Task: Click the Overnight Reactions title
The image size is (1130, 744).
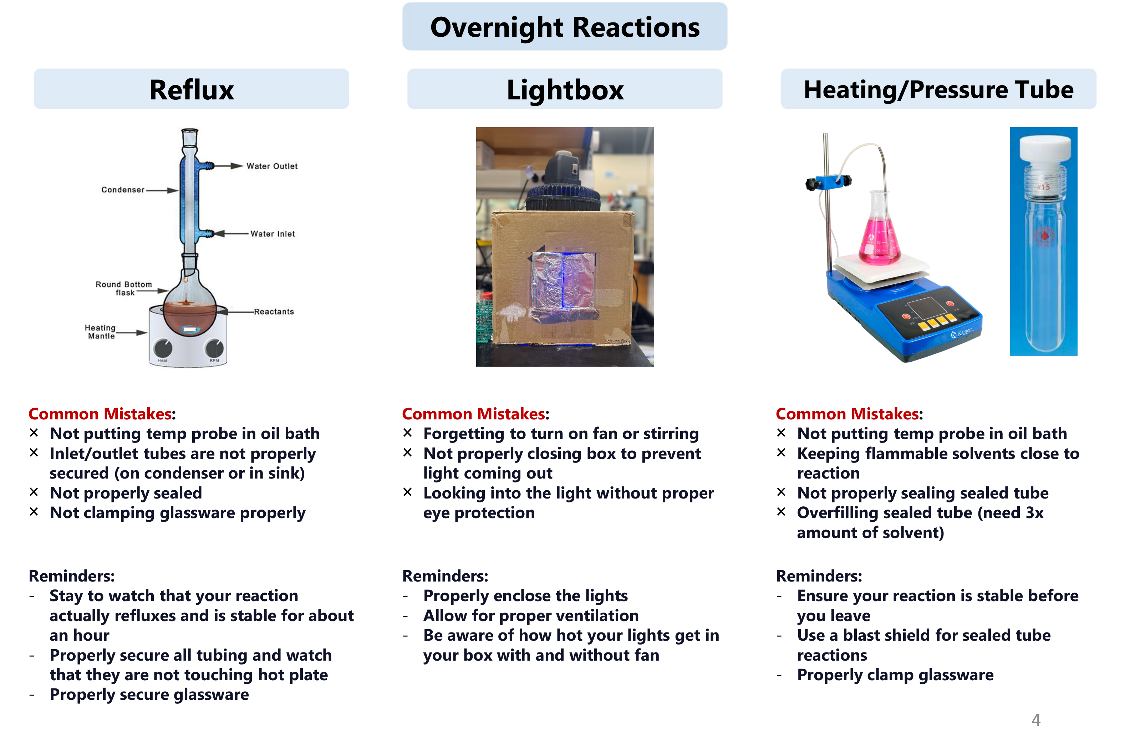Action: [564, 27]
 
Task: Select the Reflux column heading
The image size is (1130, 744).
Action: [192, 90]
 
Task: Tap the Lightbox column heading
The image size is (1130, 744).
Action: [565, 90]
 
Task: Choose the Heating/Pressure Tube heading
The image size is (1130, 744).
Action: [938, 90]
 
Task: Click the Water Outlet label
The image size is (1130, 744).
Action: [272, 166]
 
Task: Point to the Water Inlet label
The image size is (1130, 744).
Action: [273, 234]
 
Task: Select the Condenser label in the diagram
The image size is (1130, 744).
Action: [123, 190]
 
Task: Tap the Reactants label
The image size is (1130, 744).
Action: [274, 312]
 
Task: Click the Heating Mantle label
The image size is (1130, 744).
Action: [100, 332]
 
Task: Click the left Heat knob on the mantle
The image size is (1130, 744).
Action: [163, 349]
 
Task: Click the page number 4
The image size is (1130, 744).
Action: [1036, 720]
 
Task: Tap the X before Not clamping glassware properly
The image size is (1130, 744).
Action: [34, 512]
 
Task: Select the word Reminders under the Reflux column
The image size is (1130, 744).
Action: [71, 576]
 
